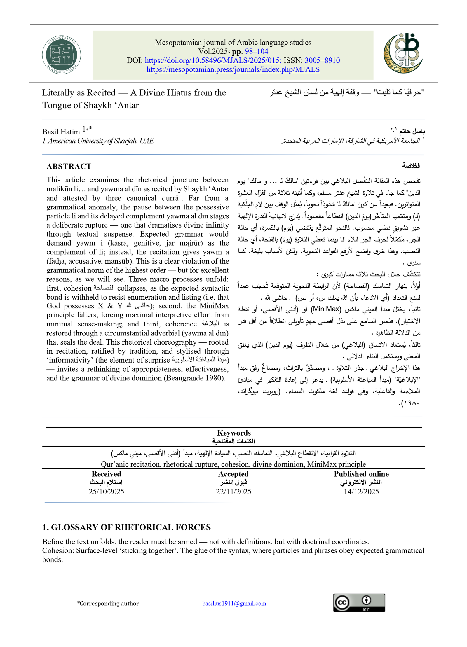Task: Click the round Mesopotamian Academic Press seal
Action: [61, 55]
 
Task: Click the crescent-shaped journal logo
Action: [403, 53]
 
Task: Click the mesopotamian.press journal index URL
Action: [233, 69]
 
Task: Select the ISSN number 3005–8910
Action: [322, 60]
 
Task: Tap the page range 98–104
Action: [256, 51]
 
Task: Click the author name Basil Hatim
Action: [61, 132]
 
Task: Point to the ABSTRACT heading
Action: [69, 166]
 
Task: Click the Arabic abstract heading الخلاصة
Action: [411, 166]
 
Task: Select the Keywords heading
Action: [234, 433]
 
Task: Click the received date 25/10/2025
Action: [106, 492]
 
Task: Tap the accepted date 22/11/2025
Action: [233, 492]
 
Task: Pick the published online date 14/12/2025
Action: [361, 492]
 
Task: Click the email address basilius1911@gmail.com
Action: [234, 603]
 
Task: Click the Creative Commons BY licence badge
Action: [359, 603]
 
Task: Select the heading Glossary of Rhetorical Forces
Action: [126, 527]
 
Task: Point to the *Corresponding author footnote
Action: [108, 603]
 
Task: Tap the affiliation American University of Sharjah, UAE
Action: [99, 141]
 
